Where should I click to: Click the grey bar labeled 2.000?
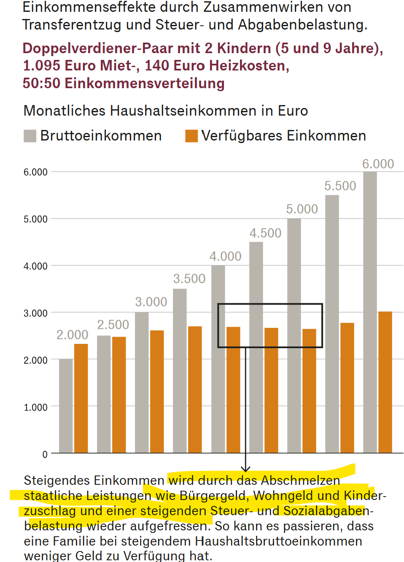pos(66,406)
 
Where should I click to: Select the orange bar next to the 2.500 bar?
pos(119,394)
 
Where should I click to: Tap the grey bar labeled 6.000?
pos(370,312)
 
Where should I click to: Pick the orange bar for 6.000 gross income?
pos(385,382)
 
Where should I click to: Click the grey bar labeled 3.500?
pos(180,371)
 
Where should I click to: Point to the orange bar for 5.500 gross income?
pos(347,388)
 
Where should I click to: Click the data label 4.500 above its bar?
pos(265,233)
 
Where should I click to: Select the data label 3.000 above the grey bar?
pos(151,302)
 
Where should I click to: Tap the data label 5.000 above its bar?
pos(302,209)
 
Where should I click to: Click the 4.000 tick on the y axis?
pos(35,266)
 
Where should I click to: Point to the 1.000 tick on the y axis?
pos(35,407)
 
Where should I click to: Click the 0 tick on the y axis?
pos(45,454)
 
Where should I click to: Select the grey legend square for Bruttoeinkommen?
pos(30,136)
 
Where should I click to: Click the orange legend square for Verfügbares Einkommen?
pos(191,136)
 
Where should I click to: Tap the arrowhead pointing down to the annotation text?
pos(245,469)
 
